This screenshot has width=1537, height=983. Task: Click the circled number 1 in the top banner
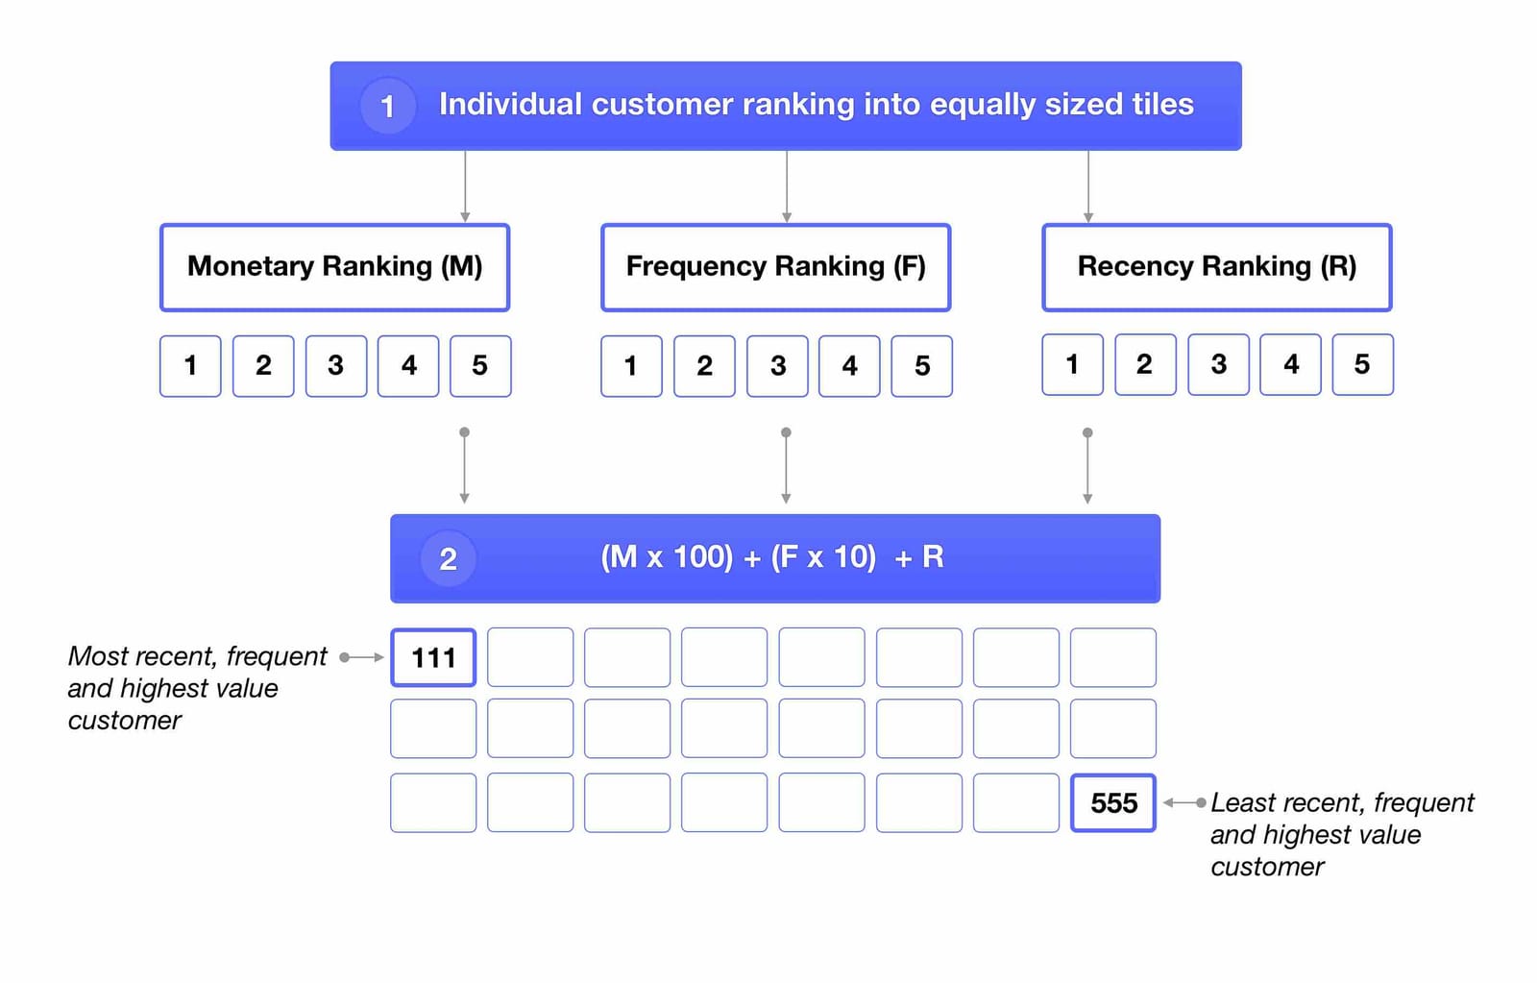pos(387,106)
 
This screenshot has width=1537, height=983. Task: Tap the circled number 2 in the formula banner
pos(448,559)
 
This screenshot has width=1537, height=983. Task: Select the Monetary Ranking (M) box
pos(334,267)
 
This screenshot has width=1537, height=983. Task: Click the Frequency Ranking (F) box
pos(775,267)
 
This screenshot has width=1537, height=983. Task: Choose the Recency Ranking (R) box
pos(1216,267)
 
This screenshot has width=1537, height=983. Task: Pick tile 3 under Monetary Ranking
pos(335,366)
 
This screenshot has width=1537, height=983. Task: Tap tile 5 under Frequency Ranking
pos(921,366)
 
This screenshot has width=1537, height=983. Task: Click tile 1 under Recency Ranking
pos(1072,365)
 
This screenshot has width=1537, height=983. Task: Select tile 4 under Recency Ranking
pos(1290,365)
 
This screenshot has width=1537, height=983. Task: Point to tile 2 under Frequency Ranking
pos(704,366)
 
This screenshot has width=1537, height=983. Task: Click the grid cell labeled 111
pos(433,658)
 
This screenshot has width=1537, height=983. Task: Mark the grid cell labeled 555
pos(1112,803)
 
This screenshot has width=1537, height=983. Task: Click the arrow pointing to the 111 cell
pos(362,657)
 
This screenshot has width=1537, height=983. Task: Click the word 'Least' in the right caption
pos(1239,802)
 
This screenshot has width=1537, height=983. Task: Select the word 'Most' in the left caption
pos(97,656)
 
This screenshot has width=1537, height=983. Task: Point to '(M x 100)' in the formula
pos(666,557)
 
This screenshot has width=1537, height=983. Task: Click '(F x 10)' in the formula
pos(823,557)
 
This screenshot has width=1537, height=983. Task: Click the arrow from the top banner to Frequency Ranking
pos(787,186)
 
